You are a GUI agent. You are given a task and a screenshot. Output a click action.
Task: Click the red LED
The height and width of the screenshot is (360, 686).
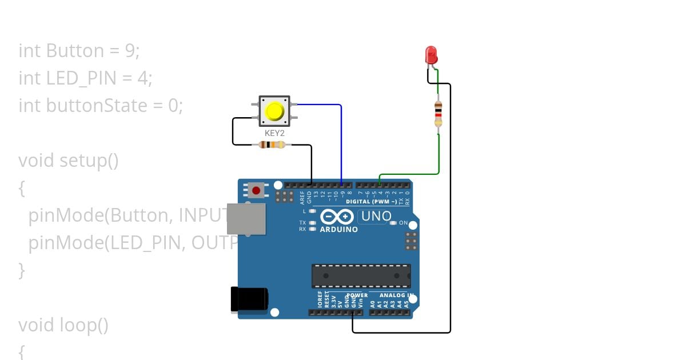point(431,55)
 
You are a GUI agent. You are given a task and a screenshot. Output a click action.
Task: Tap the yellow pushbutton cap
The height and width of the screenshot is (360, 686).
point(275,111)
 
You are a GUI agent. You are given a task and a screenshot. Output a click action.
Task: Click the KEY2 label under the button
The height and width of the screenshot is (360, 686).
point(275,133)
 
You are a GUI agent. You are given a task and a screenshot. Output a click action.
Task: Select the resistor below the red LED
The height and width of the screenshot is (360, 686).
point(438,113)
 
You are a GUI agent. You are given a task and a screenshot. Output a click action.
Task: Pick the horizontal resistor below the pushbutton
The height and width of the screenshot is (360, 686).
point(272,145)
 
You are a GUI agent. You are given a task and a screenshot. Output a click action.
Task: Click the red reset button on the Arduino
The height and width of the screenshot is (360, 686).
point(256,190)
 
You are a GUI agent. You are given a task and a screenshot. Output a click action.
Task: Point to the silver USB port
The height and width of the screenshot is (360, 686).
point(246,219)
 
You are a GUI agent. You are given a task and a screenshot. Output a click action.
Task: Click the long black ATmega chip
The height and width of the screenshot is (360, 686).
point(361,275)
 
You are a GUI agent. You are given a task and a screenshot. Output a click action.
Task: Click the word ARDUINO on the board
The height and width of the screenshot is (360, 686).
point(338,230)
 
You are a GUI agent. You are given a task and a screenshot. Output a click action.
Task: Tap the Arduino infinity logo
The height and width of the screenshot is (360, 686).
point(337,217)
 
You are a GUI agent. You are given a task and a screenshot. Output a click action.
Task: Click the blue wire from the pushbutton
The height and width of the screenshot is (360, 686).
point(341,137)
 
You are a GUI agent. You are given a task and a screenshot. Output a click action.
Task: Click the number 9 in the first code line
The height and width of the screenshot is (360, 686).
point(130,51)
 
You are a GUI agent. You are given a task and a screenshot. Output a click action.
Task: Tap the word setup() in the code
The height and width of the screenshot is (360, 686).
point(89,161)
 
